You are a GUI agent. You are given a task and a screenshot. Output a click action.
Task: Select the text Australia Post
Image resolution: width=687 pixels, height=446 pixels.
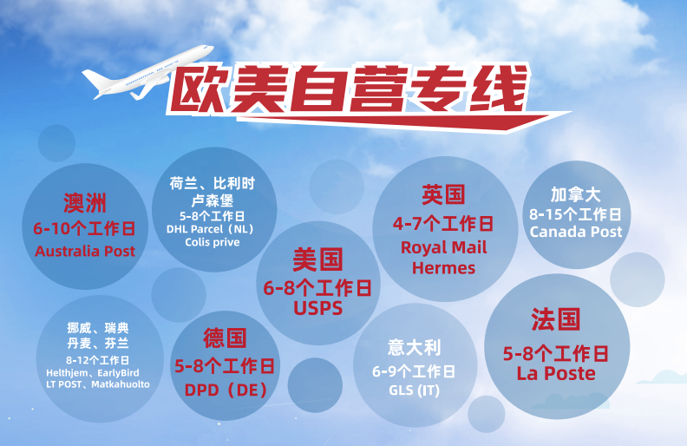(x=85, y=251)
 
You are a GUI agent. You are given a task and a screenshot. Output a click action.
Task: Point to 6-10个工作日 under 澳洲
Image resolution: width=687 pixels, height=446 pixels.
(x=85, y=229)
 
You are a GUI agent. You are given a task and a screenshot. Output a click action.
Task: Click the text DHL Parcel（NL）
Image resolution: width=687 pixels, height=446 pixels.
(x=212, y=229)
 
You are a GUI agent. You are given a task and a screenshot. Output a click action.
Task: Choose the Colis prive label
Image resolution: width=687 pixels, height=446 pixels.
(x=212, y=242)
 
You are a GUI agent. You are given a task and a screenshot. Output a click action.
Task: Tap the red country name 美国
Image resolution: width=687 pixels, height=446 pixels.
(x=317, y=259)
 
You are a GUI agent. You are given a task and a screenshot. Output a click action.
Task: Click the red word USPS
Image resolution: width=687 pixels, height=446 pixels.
(x=317, y=307)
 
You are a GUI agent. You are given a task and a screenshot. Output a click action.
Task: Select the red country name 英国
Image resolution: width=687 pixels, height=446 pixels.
(x=443, y=194)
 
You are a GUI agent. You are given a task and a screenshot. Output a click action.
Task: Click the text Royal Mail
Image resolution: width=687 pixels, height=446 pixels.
(x=443, y=247)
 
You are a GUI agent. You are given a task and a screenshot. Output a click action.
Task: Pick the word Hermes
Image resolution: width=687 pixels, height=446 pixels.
(x=443, y=267)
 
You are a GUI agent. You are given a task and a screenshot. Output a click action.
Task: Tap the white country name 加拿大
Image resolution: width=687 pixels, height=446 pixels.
(x=575, y=194)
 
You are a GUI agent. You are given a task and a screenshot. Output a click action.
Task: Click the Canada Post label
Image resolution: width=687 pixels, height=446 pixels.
(x=575, y=232)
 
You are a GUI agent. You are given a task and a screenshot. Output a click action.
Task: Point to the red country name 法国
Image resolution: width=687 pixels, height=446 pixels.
(x=555, y=319)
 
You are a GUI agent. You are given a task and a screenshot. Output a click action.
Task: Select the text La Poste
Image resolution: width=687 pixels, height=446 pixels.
(x=555, y=373)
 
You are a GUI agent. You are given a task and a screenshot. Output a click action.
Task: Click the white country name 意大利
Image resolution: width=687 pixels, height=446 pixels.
(x=414, y=348)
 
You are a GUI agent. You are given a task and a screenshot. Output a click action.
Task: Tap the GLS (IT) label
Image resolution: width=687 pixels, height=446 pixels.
(x=414, y=390)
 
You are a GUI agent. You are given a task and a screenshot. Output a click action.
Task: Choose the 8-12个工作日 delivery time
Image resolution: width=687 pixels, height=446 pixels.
(x=97, y=360)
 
